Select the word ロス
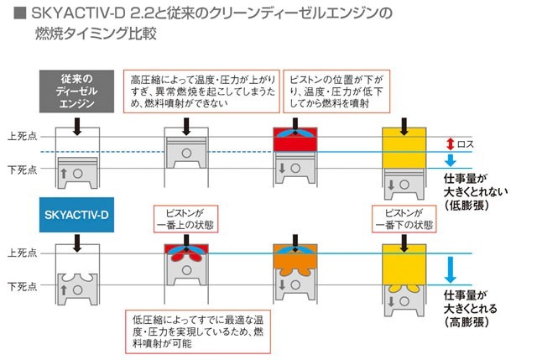tap(466, 143)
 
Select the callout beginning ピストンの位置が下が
tap(331, 91)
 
